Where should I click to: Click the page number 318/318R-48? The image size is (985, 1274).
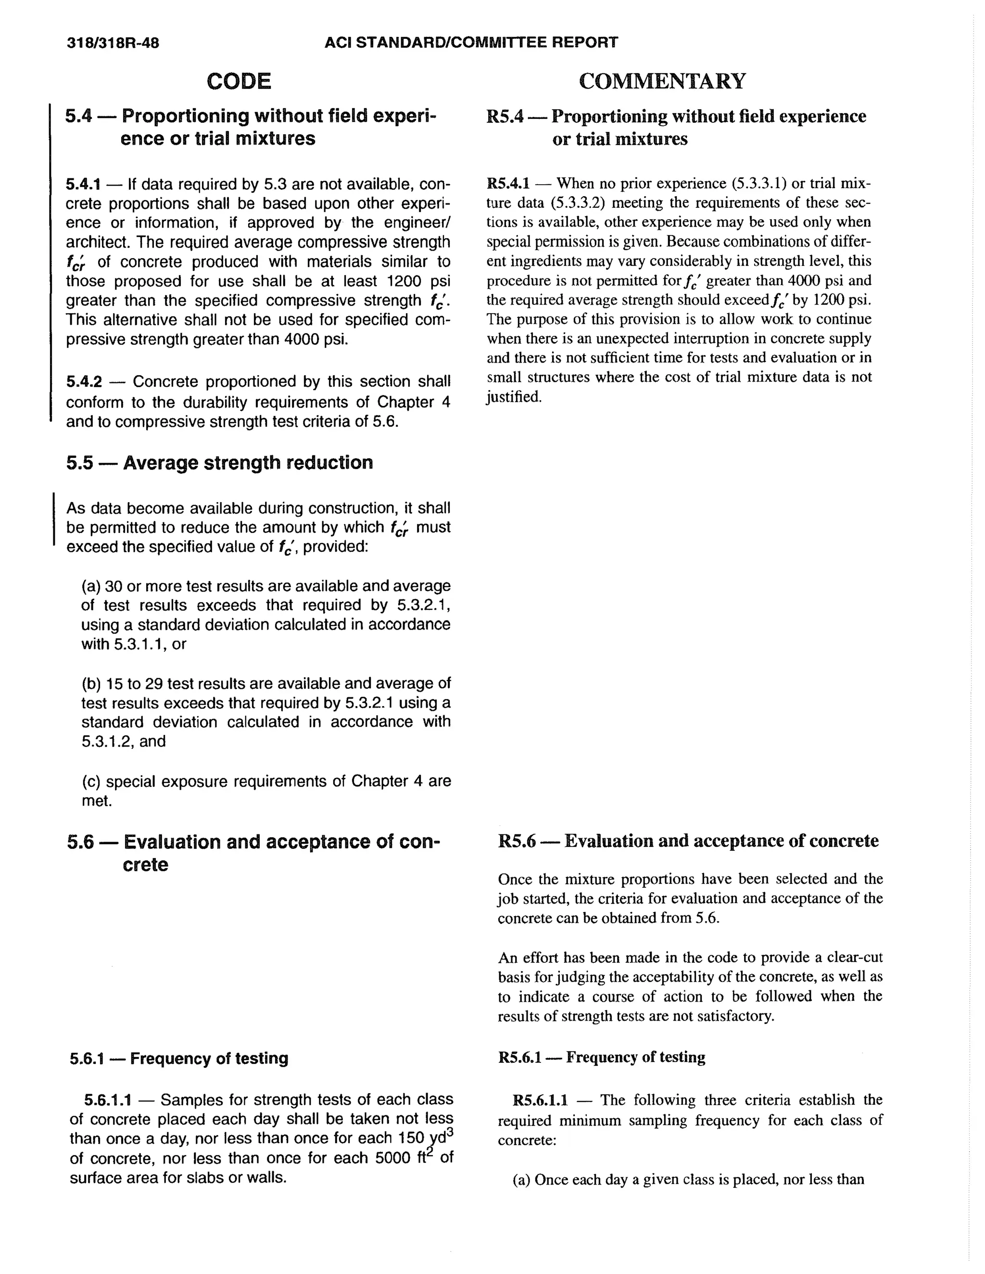click(x=113, y=43)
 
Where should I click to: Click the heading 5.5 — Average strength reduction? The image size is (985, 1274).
click(x=219, y=463)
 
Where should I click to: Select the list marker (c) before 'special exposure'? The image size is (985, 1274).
click(x=91, y=781)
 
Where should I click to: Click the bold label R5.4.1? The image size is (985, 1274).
click(x=508, y=184)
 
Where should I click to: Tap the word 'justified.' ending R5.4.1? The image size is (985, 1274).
click(x=514, y=397)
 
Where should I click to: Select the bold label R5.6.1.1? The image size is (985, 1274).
click(x=540, y=1100)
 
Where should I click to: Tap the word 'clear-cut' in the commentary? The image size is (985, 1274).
click(x=853, y=957)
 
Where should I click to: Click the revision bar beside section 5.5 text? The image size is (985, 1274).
click(x=54, y=519)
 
